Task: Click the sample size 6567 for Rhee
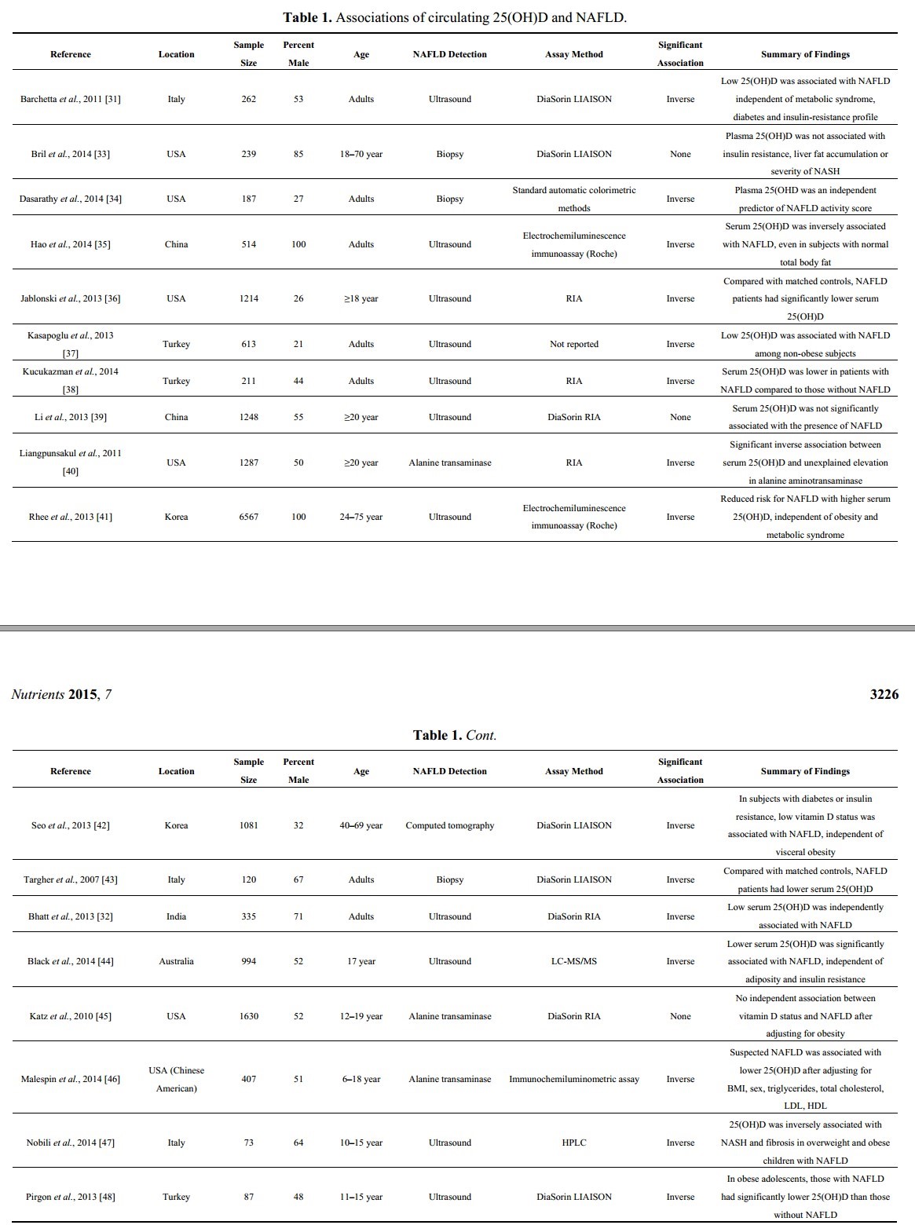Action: tap(249, 517)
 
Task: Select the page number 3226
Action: tap(884, 694)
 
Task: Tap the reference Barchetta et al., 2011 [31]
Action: tap(71, 99)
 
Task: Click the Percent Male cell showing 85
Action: tap(298, 154)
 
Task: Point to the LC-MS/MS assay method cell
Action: tap(574, 961)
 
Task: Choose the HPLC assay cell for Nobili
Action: tap(574, 1143)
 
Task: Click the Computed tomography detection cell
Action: tap(450, 825)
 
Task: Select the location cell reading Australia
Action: tap(176, 961)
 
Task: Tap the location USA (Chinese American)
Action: tap(176, 1079)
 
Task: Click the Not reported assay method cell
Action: tap(574, 344)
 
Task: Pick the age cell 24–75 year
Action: tap(361, 517)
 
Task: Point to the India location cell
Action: tap(176, 916)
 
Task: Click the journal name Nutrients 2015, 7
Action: tap(61, 694)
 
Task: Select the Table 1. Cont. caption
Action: tap(455, 735)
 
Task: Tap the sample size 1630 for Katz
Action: tap(249, 1016)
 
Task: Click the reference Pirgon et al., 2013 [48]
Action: tap(71, 1197)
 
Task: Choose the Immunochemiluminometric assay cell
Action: tap(574, 1079)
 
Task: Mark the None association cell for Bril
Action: tap(680, 154)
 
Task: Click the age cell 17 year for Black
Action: tap(361, 961)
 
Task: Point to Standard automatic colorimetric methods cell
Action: tap(574, 199)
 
